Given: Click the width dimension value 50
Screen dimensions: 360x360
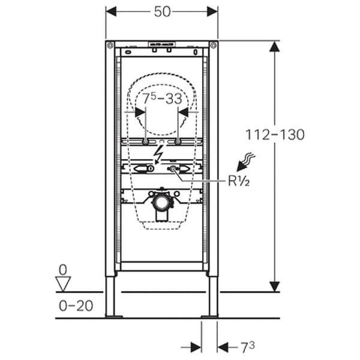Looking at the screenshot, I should [x=162, y=11].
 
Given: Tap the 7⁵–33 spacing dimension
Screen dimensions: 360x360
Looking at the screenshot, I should [x=161, y=98].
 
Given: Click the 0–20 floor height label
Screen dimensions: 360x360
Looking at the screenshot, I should [x=74, y=305].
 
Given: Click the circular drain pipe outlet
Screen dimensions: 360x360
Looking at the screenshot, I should [x=161, y=200].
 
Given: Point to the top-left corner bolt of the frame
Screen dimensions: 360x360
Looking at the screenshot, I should [x=110, y=46].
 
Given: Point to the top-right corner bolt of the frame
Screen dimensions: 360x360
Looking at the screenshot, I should [x=213, y=46].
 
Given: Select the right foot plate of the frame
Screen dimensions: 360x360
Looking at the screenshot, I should [x=210, y=316].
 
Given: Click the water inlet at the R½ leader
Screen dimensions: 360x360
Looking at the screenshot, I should [x=176, y=170].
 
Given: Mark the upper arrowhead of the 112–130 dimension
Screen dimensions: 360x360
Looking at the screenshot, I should [x=274, y=47].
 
